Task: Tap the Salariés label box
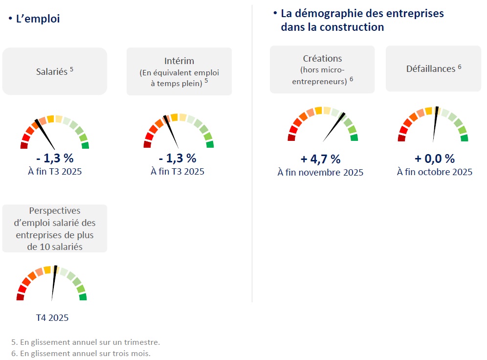(55, 71)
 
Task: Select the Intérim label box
(179, 71)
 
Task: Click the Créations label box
(322, 69)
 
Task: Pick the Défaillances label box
(433, 69)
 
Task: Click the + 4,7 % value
(320, 159)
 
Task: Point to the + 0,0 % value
(435, 159)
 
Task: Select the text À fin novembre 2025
(320, 173)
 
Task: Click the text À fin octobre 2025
(435, 172)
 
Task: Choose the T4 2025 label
(52, 318)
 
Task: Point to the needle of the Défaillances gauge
(435, 124)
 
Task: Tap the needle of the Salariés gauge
(45, 134)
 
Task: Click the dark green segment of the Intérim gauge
(210, 144)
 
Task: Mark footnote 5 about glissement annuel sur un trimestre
(86, 342)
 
